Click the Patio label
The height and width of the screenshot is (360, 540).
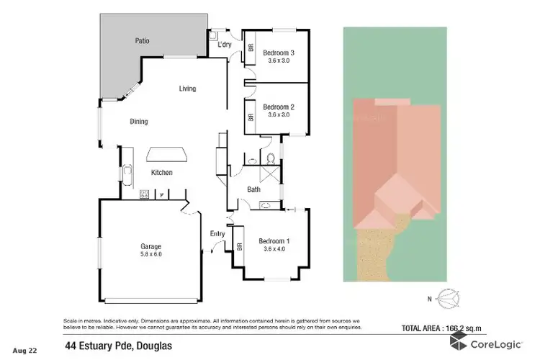pos(142,41)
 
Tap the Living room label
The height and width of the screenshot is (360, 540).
pos(187,89)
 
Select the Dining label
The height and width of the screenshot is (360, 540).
pos(139,122)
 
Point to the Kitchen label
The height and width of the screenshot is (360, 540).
pos(161,173)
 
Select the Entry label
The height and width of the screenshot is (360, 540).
pos(217,233)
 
